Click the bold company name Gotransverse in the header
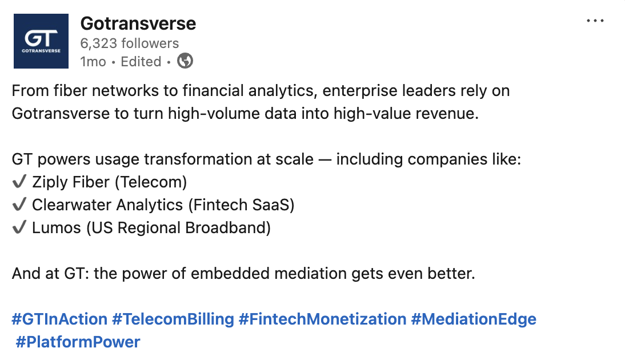[138, 23]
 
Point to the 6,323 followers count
[129, 43]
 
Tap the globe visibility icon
[185, 61]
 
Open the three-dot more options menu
[595, 21]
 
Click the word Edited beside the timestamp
[141, 62]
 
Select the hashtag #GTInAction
[59, 319]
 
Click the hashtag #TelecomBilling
[173, 319]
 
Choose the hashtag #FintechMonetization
[322, 319]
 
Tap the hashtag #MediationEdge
[474, 319]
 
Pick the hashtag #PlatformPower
[78, 342]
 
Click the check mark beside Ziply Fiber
[19, 182]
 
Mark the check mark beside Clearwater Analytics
[19, 205]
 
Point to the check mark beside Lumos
[19, 228]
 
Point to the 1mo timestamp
[93, 62]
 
